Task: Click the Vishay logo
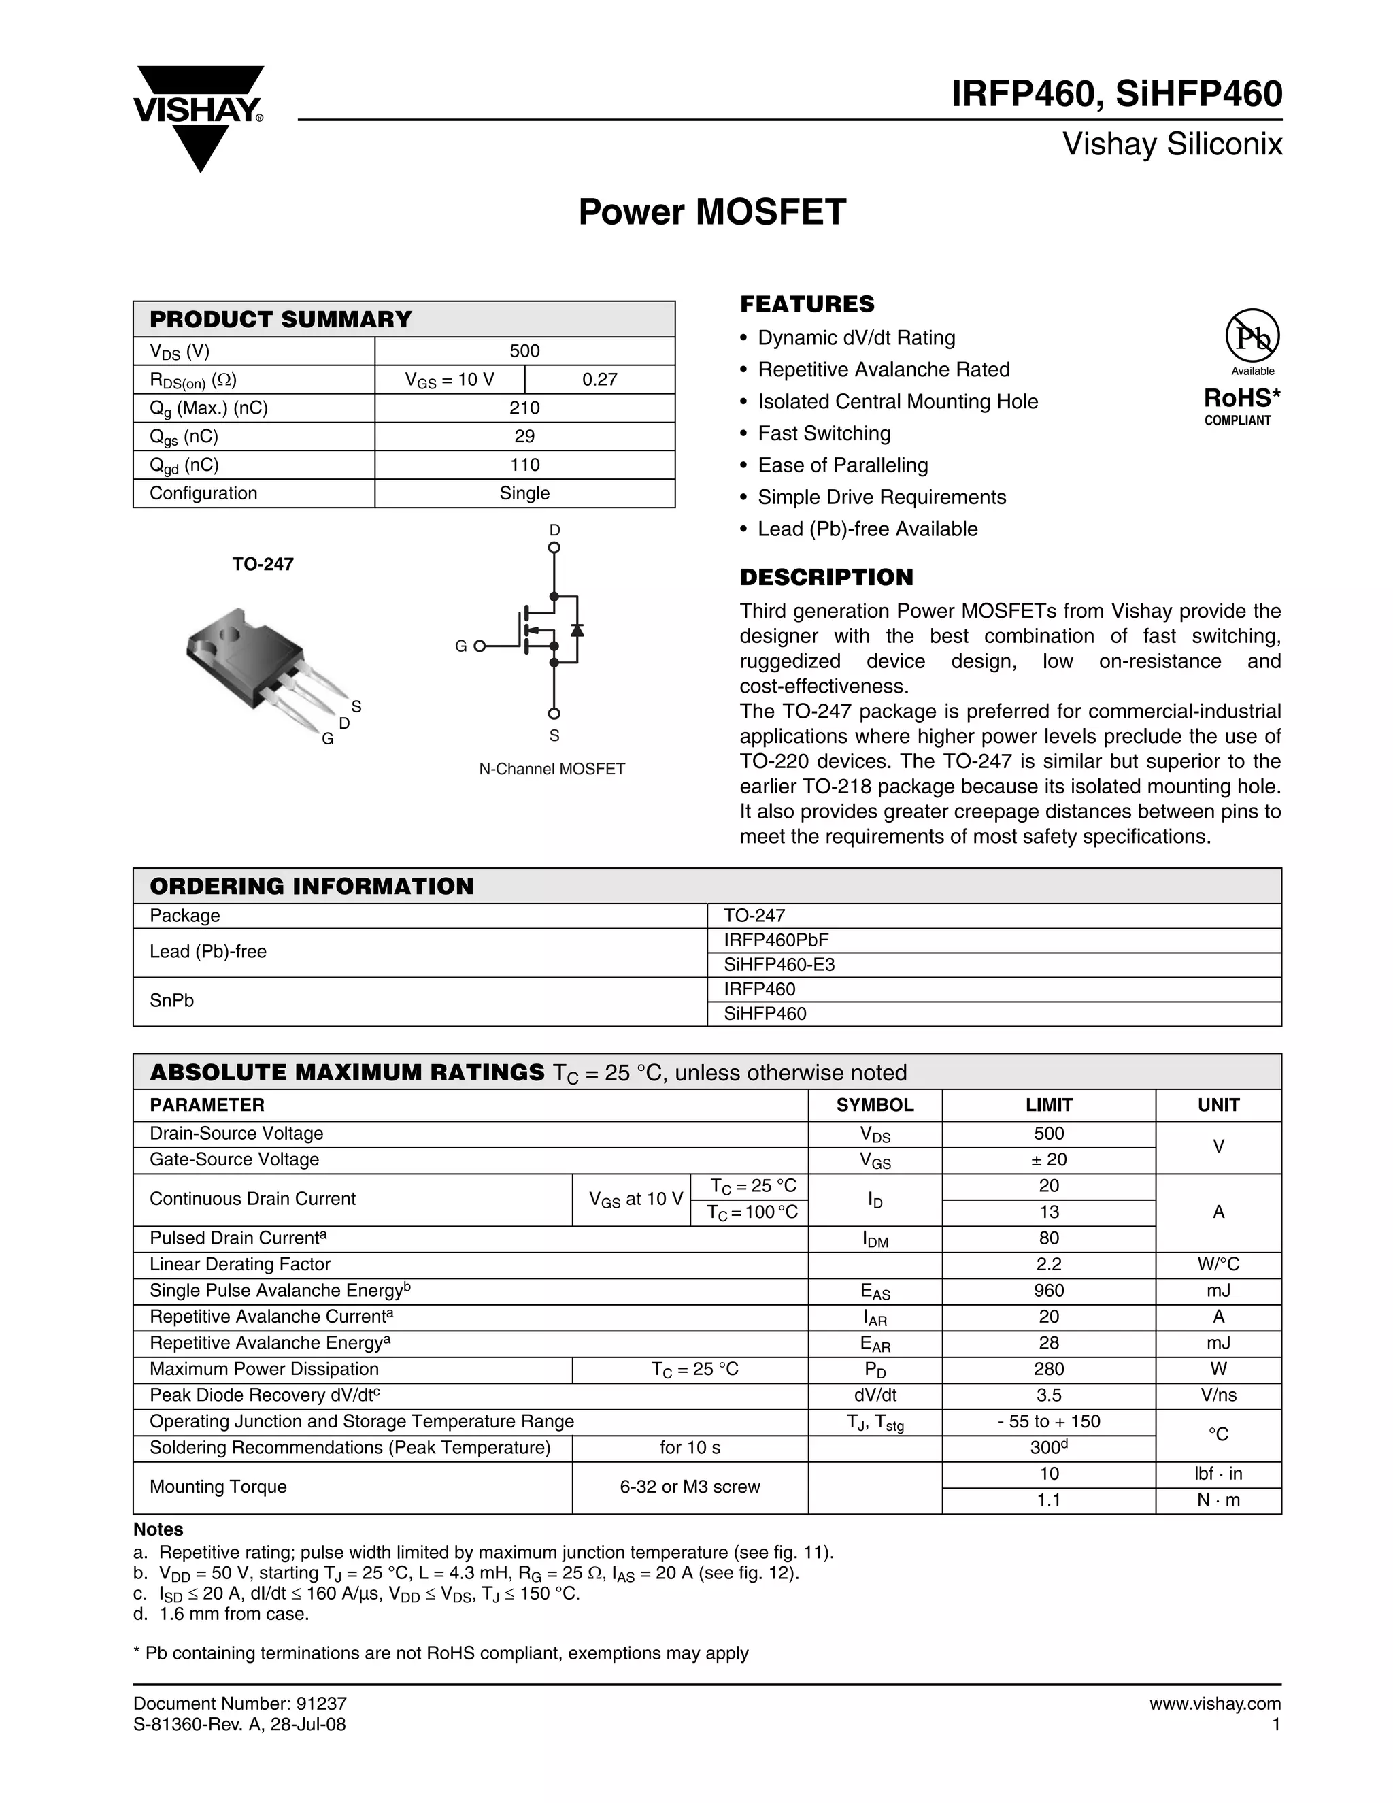pos(199,116)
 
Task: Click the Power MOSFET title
pos(711,212)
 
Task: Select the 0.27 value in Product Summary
pos(599,380)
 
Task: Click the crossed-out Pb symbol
pos(1252,337)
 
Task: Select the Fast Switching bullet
pos(824,433)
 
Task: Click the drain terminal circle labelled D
pos(554,547)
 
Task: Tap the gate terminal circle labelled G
pos(480,646)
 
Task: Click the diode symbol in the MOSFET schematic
pos(577,629)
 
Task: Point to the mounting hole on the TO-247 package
pos(228,634)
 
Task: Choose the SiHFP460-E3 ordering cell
pos(779,964)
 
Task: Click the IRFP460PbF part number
pos(775,940)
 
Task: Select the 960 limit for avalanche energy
pos(1048,1290)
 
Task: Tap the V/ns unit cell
pos(1218,1395)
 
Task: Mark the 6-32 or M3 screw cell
pos(689,1487)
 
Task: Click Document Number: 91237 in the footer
pos(240,1704)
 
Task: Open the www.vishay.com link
pos(1214,1704)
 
